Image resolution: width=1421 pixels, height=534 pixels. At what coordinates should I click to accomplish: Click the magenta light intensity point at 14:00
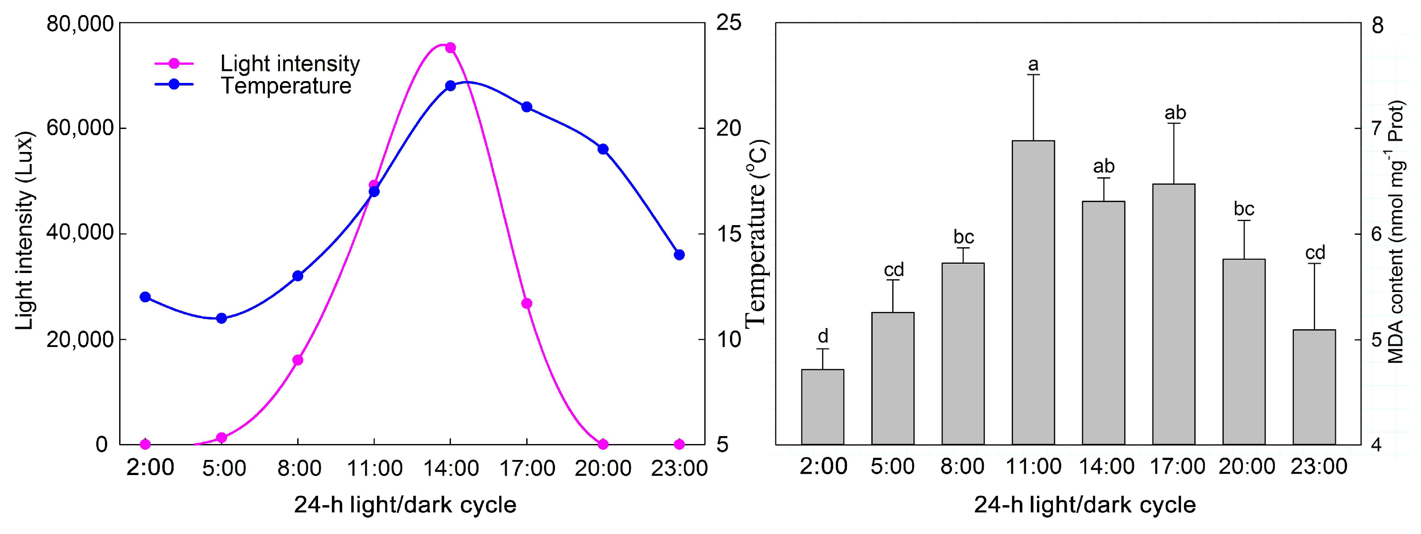(x=450, y=47)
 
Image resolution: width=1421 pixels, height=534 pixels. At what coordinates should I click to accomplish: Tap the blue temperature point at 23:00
(x=679, y=254)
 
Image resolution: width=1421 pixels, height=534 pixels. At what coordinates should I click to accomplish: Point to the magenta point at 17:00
(x=527, y=304)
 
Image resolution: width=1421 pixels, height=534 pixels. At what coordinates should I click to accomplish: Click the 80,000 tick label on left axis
(x=80, y=24)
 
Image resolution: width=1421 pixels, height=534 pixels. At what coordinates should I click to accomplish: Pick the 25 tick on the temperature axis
(x=728, y=23)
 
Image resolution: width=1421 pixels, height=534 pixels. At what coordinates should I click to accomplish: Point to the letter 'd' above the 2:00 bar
(x=823, y=335)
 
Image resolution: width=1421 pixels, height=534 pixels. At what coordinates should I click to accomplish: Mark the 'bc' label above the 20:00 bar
(x=1243, y=209)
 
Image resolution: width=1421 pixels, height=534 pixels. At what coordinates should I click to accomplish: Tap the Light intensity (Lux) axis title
(x=24, y=230)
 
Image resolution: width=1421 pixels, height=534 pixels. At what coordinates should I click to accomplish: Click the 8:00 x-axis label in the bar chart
(x=962, y=467)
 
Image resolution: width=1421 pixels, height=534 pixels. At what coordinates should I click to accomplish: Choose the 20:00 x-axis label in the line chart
(x=602, y=468)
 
